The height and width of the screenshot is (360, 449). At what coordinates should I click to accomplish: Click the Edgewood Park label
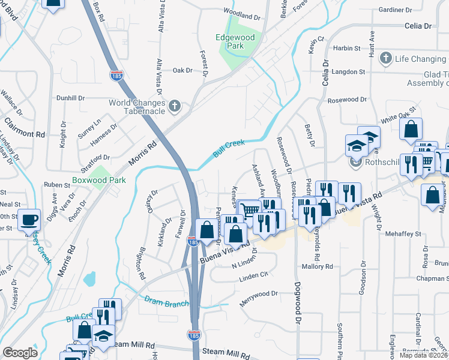click(235, 41)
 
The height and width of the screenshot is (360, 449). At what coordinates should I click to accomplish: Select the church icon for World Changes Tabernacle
click(175, 106)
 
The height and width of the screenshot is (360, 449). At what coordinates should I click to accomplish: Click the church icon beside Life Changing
click(385, 59)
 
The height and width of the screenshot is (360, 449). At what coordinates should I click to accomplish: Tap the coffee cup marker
click(29, 220)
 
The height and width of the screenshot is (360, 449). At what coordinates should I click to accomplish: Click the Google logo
click(20, 353)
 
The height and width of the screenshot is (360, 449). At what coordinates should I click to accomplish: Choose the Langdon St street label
click(349, 72)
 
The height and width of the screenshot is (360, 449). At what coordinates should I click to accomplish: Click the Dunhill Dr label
click(71, 98)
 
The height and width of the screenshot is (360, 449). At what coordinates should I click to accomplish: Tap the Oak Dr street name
click(182, 70)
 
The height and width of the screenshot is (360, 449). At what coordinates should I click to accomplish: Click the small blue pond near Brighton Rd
click(89, 278)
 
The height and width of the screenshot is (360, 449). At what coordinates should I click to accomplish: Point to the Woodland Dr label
click(240, 11)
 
